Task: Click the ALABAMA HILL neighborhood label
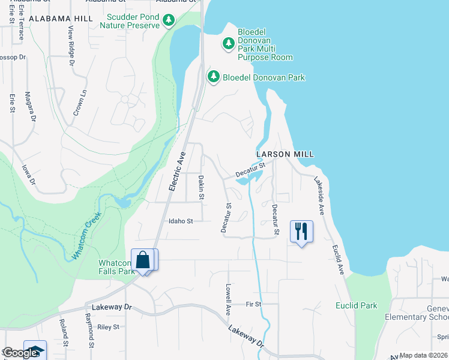pos(61,19)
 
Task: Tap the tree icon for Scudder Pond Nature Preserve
pos(169,21)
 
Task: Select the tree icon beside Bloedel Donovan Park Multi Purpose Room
pos(228,43)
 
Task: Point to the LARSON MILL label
pos(285,154)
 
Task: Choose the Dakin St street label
pos(202,187)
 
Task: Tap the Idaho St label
pos(180,221)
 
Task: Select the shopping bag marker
pos(143,260)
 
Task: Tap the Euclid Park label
pos(356,305)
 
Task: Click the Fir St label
pos(253,304)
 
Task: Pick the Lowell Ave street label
pos(228,300)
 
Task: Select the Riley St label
pos(109,327)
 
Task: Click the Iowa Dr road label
pos(28,175)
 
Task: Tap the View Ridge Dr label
pos(71,46)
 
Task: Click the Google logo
pos(20,353)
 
